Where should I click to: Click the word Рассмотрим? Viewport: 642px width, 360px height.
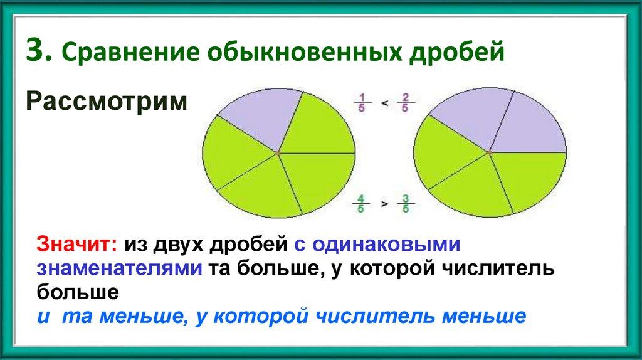[x=107, y=100]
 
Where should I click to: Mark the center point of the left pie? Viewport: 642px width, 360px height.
[x=278, y=152]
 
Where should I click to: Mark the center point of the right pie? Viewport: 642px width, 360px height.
[x=489, y=152]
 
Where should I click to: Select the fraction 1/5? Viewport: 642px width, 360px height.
[x=362, y=101]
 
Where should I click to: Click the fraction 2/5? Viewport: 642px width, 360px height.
[x=406, y=101]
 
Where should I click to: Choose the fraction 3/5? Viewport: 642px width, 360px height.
[x=406, y=203]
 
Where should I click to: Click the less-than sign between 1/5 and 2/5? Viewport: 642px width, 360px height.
[x=384, y=102]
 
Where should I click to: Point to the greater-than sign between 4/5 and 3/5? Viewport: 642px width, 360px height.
[x=384, y=204]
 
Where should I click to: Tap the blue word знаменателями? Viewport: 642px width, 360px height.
[x=118, y=268]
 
